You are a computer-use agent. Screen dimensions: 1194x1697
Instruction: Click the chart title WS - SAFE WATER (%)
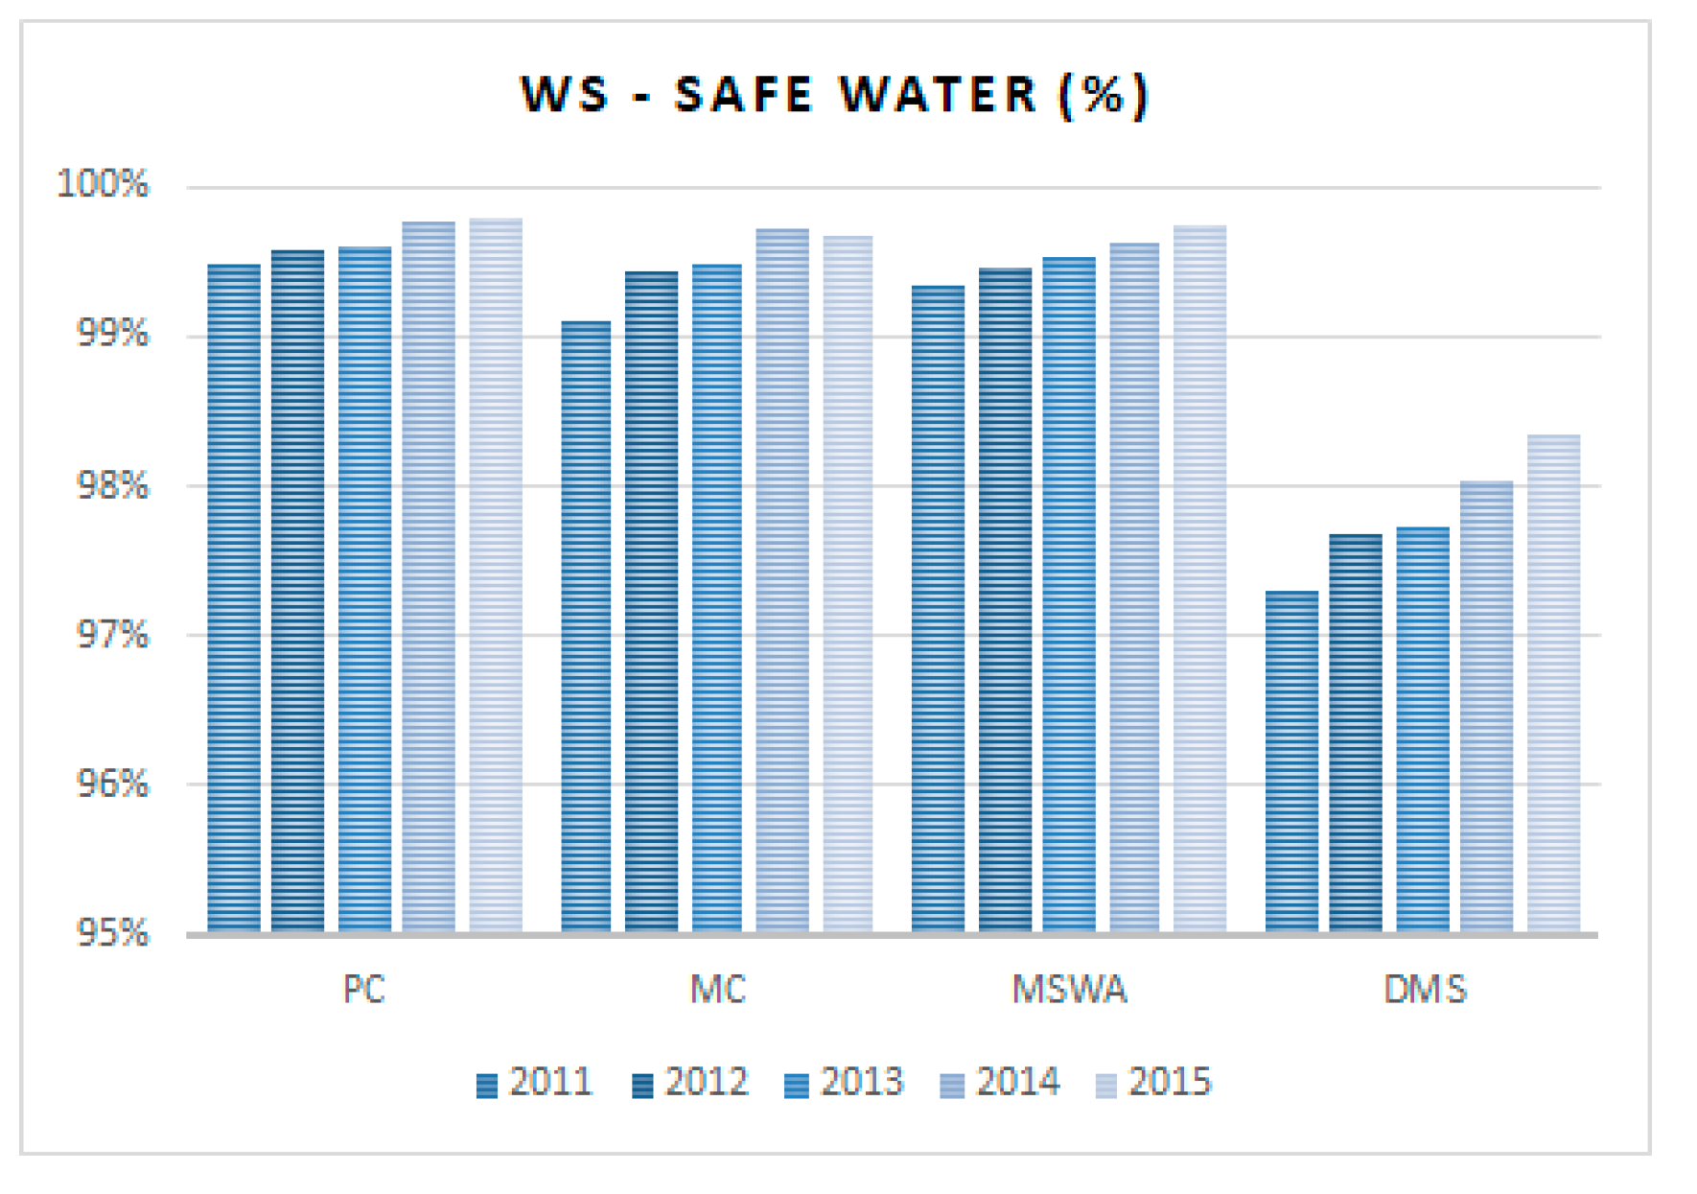pyautogui.click(x=834, y=95)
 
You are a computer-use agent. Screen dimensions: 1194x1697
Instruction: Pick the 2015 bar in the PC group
pyautogui.click(x=496, y=575)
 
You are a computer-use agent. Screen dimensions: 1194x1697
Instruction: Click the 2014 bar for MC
pyautogui.click(x=782, y=580)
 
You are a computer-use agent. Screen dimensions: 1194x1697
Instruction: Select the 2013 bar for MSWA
pyautogui.click(x=1069, y=595)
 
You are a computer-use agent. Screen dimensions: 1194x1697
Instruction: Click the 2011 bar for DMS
pyautogui.click(x=1291, y=761)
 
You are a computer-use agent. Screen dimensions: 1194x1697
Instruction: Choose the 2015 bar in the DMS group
pyautogui.click(x=1553, y=683)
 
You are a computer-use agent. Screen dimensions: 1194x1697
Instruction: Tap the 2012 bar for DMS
pyautogui.click(x=1356, y=733)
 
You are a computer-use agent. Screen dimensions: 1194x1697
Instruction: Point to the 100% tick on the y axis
pyautogui.click(x=104, y=184)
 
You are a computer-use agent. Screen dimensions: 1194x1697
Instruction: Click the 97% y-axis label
pyautogui.click(x=113, y=635)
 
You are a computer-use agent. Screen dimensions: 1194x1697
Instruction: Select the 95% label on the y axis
pyautogui.click(x=113, y=933)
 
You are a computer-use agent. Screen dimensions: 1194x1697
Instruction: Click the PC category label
pyautogui.click(x=364, y=989)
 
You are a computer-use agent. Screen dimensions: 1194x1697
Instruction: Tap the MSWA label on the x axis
pyautogui.click(x=1070, y=989)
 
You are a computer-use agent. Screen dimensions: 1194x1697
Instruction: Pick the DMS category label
pyautogui.click(x=1425, y=989)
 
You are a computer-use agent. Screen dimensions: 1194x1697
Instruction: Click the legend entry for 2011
pyautogui.click(x=535, y=1083)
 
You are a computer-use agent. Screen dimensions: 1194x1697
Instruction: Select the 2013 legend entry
pyautogui.click(x=845, y=1083)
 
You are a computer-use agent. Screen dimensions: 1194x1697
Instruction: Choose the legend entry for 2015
pyautogui.click(x=1154, y=1083)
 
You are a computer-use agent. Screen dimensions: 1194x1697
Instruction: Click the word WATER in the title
pyautogui.click(x=938, y=95)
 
